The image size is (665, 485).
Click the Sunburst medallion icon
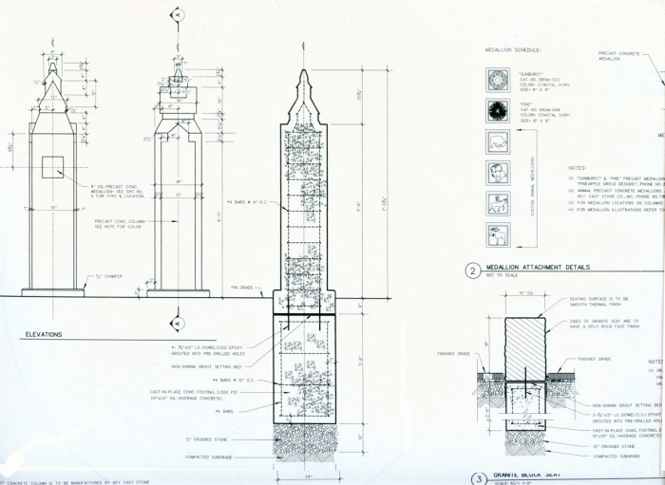496,78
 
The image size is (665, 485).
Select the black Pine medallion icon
496,110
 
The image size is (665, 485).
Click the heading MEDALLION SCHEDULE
514,49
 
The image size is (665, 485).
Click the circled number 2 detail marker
472,270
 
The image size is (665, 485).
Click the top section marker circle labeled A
176,15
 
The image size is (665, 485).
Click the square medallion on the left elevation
51,167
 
